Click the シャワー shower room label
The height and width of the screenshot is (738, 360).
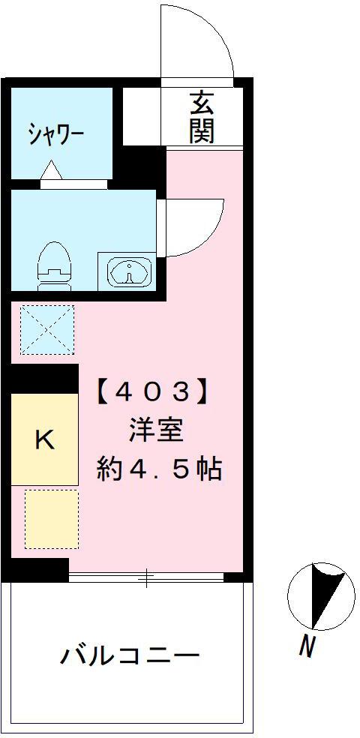(x=56, y=134)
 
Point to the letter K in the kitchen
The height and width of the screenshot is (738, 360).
(x=44, y=439)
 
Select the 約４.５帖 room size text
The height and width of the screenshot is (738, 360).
(x=160, y=469)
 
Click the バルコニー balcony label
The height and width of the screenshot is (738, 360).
(x=130, y=655)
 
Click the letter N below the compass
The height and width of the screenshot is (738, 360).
(x=307, y=646)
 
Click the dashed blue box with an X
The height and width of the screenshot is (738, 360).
(x=47, y=329)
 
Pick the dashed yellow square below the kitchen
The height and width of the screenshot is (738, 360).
(x=51, y=519)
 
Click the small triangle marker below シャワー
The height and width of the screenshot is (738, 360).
(x=51, y=170)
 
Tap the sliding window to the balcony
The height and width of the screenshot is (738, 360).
(x=146, y=577)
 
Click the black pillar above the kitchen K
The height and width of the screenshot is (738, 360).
(x=45, y=379)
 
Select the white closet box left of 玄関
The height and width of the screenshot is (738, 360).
(x=142, y=116)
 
